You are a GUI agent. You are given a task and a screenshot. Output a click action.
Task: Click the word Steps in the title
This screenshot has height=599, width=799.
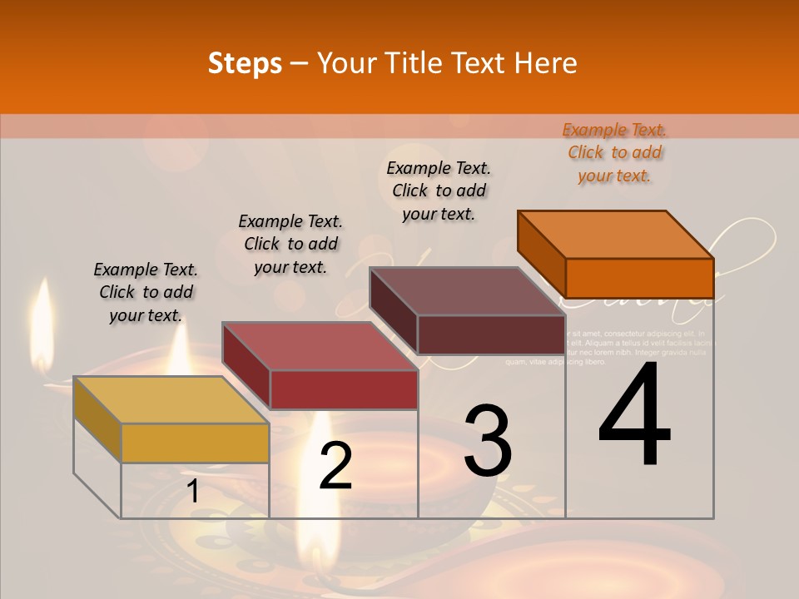click(245, 63)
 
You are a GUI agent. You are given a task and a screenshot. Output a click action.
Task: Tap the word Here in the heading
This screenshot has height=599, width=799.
click(546, 63)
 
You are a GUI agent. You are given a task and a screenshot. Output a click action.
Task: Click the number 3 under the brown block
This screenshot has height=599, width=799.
click(488, 441)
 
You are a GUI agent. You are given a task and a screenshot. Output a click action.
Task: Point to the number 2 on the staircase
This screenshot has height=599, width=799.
click(335, 466)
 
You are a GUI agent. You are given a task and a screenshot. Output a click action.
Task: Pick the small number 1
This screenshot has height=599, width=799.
click(193, 491)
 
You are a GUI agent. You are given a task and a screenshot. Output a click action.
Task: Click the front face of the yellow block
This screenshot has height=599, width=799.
click(195, 443)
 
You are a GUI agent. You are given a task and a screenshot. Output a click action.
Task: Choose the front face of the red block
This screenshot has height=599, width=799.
click(343, 389)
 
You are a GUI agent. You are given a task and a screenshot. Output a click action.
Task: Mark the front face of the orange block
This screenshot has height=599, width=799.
click(639, 278)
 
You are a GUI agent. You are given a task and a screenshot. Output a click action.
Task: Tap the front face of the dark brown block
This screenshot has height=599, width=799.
click(491, 334)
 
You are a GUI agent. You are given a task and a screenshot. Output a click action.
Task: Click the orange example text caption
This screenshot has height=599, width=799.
click(614, 153)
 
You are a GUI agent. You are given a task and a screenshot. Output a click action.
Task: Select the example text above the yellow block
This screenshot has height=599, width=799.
click(146, 293)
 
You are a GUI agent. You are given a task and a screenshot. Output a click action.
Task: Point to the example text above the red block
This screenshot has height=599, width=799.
click(290, 245)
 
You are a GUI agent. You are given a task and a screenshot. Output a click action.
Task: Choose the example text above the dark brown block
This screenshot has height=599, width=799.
click(439, 191)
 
